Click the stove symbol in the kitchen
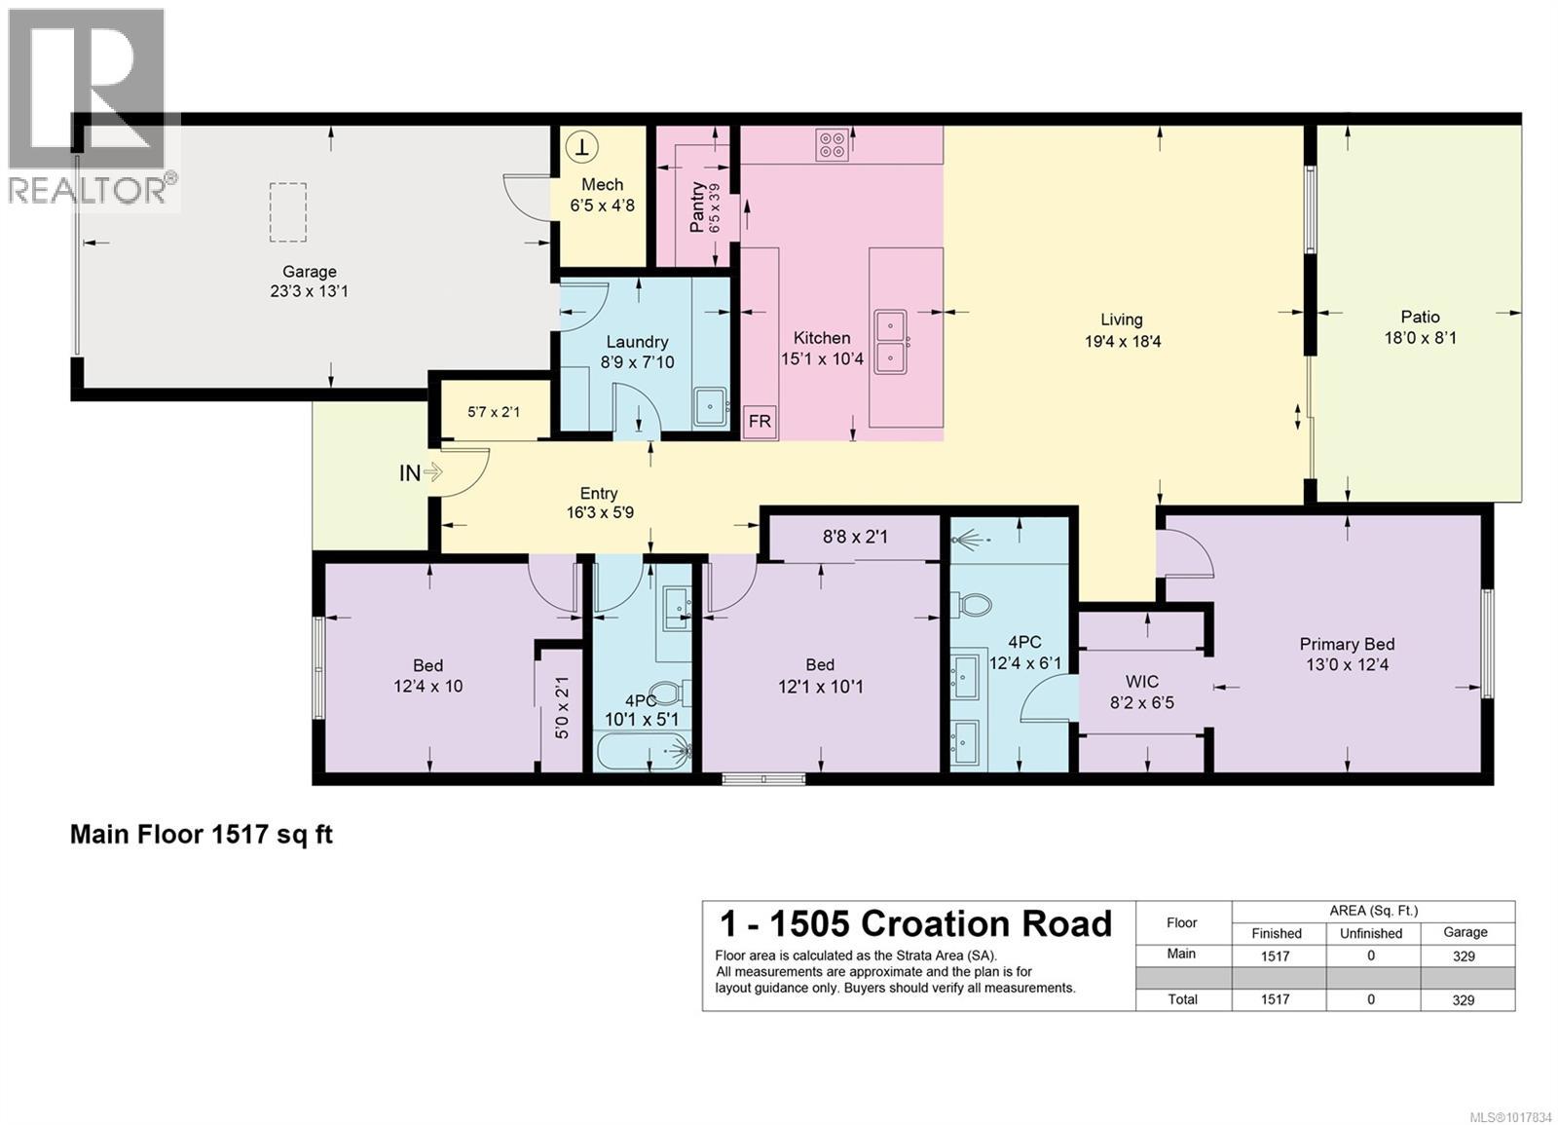pos(833,145)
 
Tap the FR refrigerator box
pos(760,422)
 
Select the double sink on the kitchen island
pos(891,341)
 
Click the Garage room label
pos(310,272)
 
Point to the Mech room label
pos(602,184)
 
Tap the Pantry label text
pos(697,207)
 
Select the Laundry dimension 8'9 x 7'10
pos(637,362)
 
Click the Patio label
pos(1420,317)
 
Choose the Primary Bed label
pos(1347,644)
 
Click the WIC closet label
pos(1141,681)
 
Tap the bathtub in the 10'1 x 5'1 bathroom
pos(643,752)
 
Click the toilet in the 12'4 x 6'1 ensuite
pos(973,605)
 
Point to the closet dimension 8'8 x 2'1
pos(855,537)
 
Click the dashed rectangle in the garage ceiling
pos(287,212)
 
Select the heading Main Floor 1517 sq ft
pos(202,835)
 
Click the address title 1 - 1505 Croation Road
pos(915,923)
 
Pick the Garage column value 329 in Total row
pos(1464,999)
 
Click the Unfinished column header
pos(1370,933)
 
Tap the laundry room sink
pos(711,407)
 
